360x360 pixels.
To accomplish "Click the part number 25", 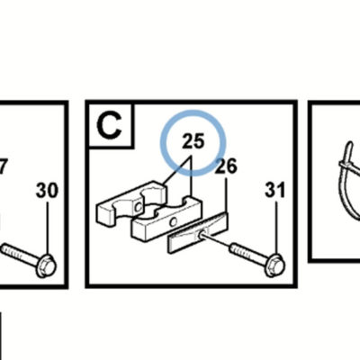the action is [x=193, y=140].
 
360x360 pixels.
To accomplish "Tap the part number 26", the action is [x=227, y=166].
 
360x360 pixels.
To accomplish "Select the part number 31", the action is [x=274, y=191].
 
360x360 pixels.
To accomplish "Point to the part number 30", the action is [x=47, y=191].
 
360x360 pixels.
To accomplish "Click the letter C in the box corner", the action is [x=110, y=125].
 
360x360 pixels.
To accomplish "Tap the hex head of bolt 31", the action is [x=274, y=265].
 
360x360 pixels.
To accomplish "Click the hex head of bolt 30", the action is [x=46, y=265].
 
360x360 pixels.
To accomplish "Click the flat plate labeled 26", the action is [x=198, y=232].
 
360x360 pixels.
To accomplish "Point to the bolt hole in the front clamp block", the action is [x=173, y=222].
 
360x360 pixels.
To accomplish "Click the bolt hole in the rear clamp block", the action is [x=139, y=207].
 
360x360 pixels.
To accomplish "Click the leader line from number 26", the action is [x=226, y=195].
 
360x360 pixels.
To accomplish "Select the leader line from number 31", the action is [x=276, y=228].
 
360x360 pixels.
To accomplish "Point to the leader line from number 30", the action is [x=47, y=229].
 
